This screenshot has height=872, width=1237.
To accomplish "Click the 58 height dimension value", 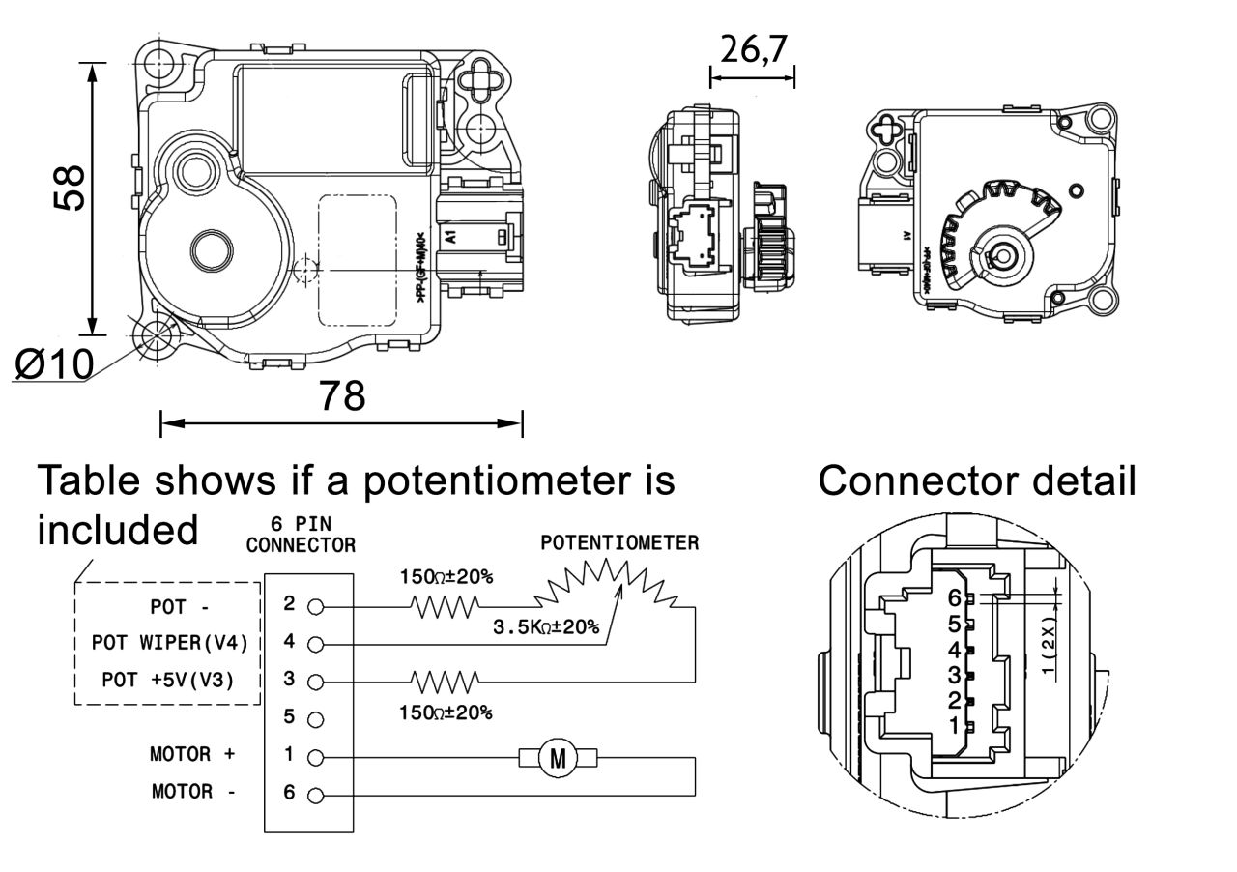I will tap(71, 187).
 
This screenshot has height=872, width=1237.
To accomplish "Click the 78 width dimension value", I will tap(342, 395).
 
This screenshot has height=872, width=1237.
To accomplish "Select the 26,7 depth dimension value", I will tap(753, 51).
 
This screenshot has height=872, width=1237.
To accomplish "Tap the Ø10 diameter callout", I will tap(55, 364).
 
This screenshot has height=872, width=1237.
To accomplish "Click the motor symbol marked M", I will tap(558, 758).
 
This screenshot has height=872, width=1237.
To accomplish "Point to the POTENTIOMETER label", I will tap(619, 543).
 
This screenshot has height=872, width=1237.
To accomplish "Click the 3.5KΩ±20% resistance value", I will tap(546, 627).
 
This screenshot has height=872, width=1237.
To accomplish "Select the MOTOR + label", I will tap(193, 754).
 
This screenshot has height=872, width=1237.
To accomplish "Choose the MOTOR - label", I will tap(193, 793).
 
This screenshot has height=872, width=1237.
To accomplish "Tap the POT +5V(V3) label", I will tap(168, 680).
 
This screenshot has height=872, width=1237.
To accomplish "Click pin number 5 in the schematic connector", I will tap(289, 717).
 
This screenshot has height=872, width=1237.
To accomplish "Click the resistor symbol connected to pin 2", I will tap(445, 607).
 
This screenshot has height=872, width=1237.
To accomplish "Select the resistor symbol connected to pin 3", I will tap(445, 681).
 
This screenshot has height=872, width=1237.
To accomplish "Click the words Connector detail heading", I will tap(977, 480).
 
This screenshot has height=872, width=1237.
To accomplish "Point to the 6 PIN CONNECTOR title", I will tap(301, 536).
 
